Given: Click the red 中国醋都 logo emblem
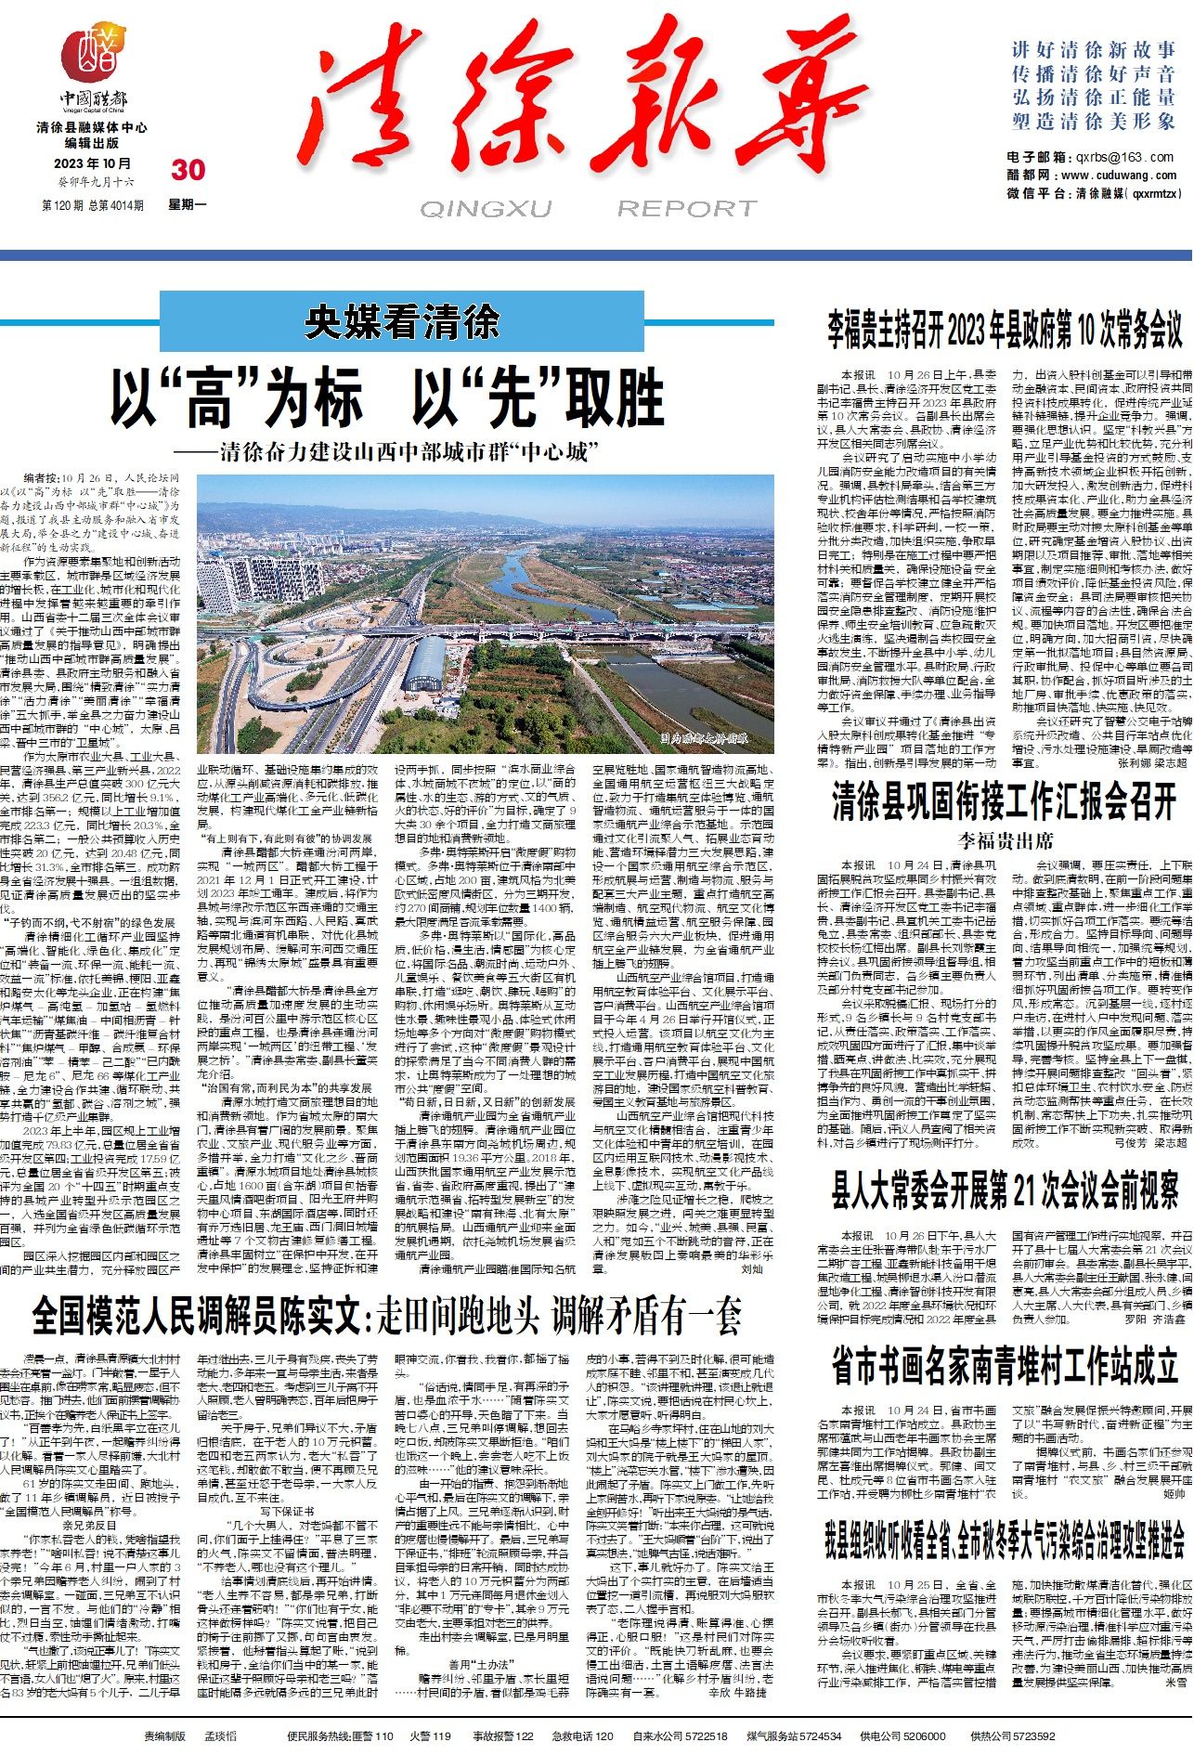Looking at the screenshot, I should (x=96, y=57).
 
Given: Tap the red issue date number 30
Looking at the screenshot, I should (x=188, y=169).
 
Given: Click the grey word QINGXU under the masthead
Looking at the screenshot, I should (x=486, y=208).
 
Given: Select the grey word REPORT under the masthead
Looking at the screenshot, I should (x=687, y=208).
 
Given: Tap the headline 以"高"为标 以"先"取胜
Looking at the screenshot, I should (x=388, y=397).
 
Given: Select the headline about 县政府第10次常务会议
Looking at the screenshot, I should (x=1005, y=328).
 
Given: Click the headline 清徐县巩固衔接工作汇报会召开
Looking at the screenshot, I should (x=1005, y=802).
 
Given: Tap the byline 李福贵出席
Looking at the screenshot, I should (x=1006, y=841).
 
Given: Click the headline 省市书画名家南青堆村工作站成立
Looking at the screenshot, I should (x=1005, y=1365).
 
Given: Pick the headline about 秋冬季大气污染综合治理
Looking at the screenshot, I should (x=1005, y=1540).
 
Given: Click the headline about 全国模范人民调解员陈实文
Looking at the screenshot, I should (x=387, y=1315).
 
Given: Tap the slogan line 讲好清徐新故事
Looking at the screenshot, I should (x=1093, y=50).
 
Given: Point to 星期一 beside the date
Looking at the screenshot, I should (x=188, y=204).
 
